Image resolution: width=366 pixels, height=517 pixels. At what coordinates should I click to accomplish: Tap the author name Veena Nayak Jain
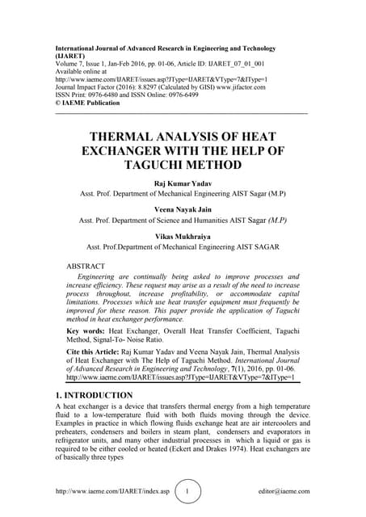(x=182, y=209)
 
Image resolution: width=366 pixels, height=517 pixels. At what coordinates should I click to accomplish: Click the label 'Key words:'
(x=86, y=331)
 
